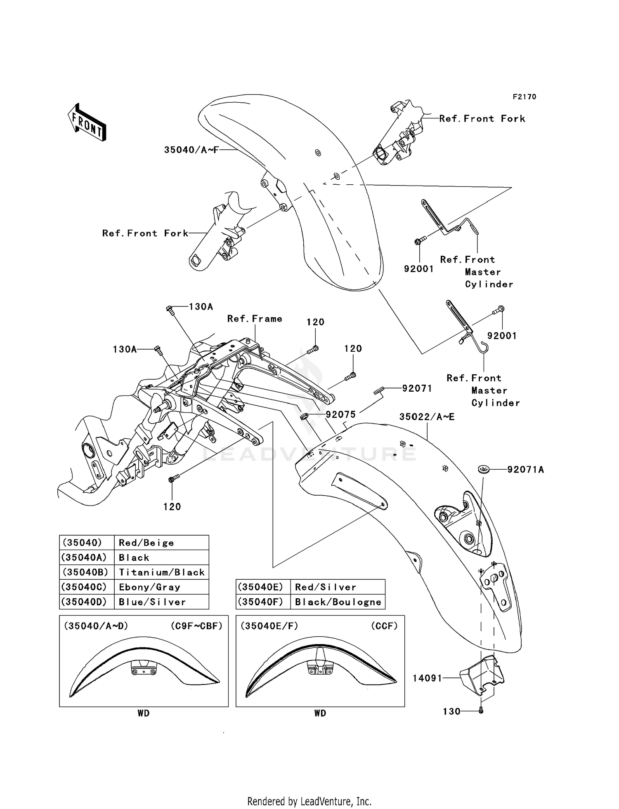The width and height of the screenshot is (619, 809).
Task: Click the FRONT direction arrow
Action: point(87,123)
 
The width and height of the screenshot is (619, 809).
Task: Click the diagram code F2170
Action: point(524,97)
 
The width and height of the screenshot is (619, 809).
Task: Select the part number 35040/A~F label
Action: point(191,150)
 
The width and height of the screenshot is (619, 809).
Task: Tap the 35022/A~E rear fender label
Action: point(427,417)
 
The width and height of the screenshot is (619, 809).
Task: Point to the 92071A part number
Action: point(525,469)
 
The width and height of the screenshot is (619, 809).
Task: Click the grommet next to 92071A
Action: point(483,469)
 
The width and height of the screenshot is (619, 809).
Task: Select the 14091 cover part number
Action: point(427,678)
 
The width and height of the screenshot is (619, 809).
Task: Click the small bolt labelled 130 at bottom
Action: point(481,711)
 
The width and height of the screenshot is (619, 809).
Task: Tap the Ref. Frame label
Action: point(255,319)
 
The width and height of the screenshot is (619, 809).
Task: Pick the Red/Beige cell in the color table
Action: point(146,543)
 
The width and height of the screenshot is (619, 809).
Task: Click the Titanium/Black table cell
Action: point(161,572)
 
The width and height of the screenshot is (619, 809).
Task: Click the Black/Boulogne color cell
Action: point(338,602)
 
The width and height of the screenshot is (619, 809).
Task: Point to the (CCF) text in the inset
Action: point(384,626)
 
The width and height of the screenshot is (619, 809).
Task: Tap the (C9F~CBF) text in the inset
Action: point(196,626)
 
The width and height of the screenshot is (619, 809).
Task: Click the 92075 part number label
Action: point(340,415)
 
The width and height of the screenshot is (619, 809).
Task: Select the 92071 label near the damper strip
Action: point(417,388)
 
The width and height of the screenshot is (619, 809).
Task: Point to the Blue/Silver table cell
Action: point(152,602)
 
